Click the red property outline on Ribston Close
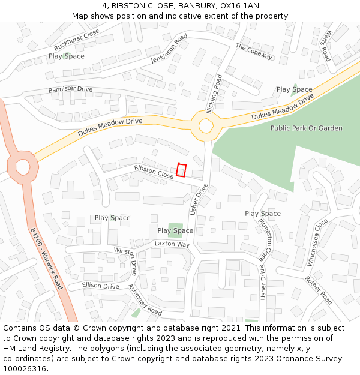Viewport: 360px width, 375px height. [182, 170]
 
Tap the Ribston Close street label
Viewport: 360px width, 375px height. [154, 172]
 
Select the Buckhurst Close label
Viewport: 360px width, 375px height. [76, 40]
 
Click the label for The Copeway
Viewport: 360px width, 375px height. [254, 51]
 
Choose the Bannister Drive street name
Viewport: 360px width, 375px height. [70, 89]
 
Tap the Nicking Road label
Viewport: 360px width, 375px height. [214, 94]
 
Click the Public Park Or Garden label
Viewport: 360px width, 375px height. [306, 128]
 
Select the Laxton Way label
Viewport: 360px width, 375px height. [172, 244]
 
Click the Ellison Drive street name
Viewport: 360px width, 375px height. [100, 286]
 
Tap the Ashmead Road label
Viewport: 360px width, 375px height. [145, 299]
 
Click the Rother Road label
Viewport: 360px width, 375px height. [318, 290]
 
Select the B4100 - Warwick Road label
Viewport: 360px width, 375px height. [46, 258]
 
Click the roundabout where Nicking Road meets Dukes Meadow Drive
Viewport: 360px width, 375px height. [206, 126]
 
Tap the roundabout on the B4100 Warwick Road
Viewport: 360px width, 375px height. [23, 166]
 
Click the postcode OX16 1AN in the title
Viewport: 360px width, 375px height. [243, 5]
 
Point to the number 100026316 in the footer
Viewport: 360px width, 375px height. [24, 368]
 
